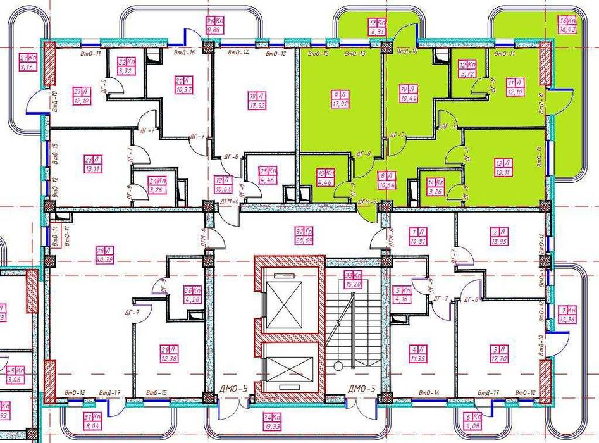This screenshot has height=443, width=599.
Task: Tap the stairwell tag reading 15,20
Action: click(353, 279)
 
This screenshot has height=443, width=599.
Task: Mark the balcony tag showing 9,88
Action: click(216, 25)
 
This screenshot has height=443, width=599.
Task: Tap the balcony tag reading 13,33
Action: click(273, 421)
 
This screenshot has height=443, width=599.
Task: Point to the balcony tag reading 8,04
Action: click(92, 420)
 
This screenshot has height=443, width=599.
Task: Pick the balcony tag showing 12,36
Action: click(568, 315)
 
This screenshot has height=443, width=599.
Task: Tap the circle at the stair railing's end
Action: click(338, 366)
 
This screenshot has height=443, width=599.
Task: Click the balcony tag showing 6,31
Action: click(378, 26)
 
